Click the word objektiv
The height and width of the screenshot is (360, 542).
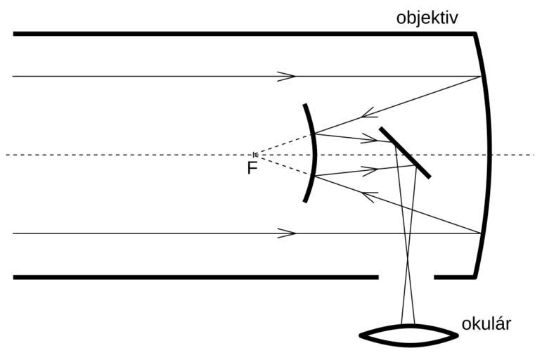427,17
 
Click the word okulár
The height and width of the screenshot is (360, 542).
486,324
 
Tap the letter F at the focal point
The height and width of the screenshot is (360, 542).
252,168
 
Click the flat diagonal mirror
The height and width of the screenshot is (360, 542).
405,153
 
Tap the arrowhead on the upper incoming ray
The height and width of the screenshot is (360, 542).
287,76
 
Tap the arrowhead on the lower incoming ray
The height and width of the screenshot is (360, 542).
287,233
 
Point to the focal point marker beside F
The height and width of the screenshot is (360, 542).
255,155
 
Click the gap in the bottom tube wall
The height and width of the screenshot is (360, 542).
406,277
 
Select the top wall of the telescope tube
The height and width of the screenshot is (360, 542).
239,33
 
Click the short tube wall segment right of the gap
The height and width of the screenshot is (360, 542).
453,277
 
